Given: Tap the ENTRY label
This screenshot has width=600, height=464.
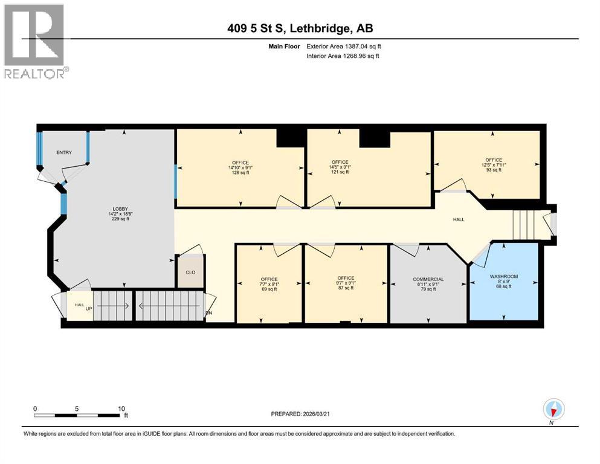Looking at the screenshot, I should coord(64,153).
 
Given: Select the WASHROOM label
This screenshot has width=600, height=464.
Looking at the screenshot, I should coord(503,276).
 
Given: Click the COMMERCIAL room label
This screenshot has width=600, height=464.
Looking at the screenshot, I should coord(428,279).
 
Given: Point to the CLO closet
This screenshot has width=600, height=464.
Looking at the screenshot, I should coord(190,272).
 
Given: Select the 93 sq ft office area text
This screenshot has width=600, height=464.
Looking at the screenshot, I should coord(491,170).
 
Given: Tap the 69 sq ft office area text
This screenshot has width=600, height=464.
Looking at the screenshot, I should coord(269,289).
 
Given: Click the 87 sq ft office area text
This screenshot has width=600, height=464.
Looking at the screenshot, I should coord(346,289).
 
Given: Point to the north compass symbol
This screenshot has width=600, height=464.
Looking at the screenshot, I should coord(553,410).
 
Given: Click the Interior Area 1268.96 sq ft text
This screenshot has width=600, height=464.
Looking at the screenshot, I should coord(343,56).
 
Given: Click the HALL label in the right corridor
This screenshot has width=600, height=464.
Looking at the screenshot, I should coord(459,219).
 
